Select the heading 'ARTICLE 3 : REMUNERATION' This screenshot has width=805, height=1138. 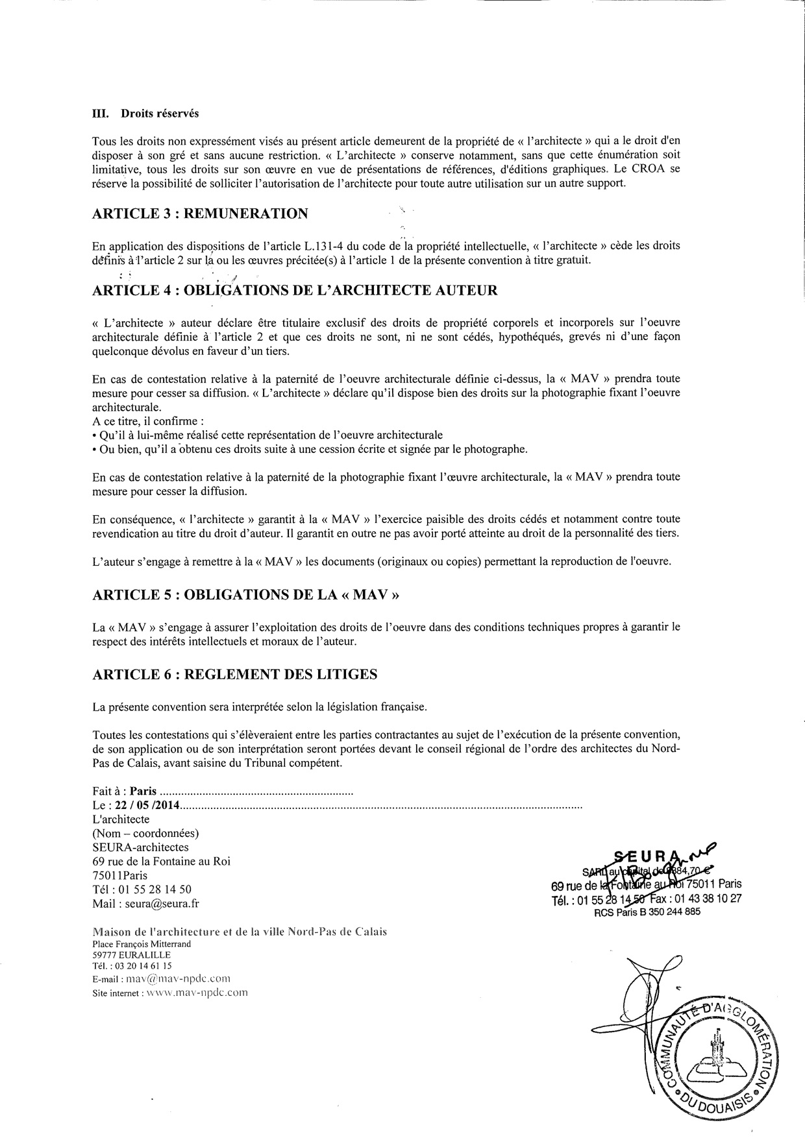pyautogui.click(x=200, y=213)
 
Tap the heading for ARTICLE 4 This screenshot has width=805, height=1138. pyautogui.click(x=295, y=289)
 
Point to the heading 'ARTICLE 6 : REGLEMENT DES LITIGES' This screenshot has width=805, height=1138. pyautogui.click(x=234, y=674)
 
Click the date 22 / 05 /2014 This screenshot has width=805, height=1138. pyautogui.click(x=147, y=805)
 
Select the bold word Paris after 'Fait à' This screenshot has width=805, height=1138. pyautogui.click(x=143, y=792)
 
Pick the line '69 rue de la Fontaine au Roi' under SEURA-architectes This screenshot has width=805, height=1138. pyautogui.click(x=161, y=862)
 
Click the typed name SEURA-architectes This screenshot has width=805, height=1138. pyautogui.click(x=140, y=847)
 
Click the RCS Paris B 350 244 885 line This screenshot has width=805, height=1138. pyautogui.click(x=647, y=911)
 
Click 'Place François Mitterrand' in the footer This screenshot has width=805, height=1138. pyautogui.click(x=142, y=944)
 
